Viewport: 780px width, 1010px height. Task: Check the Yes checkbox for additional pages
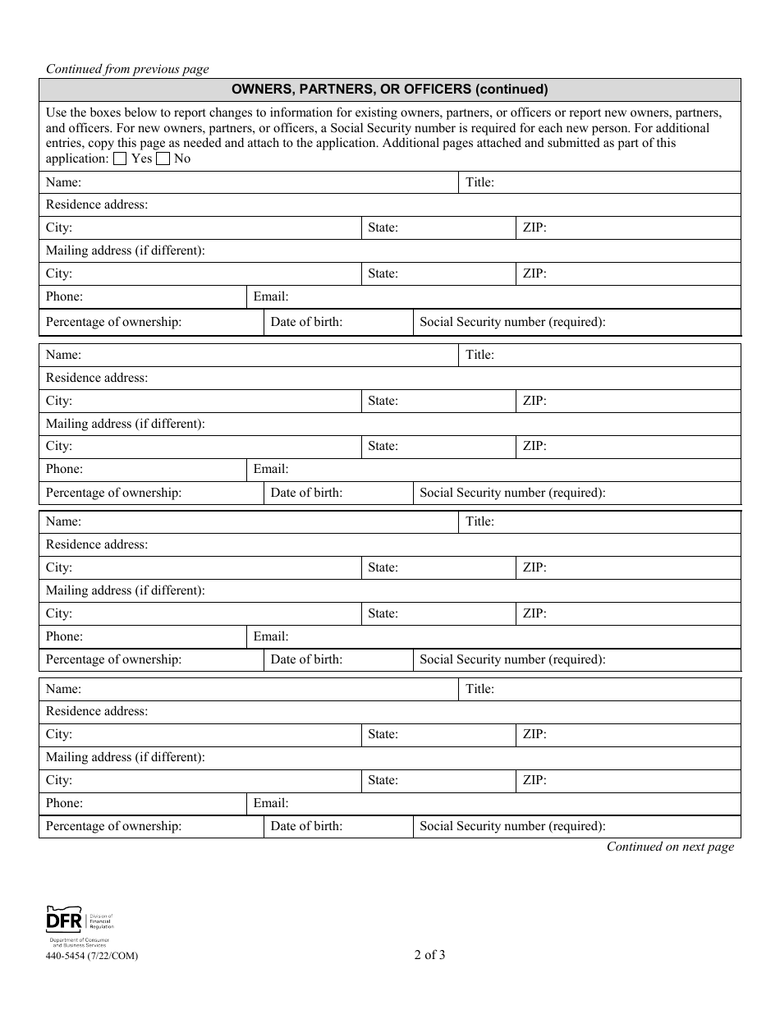tap(120, 159)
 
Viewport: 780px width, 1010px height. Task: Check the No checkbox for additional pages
tap(163, 159)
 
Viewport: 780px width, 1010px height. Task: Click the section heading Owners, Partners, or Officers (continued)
tap(389, 90)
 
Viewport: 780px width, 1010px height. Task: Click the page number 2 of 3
tap(430, 954)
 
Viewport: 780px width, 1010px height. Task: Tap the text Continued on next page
tap(670, 847)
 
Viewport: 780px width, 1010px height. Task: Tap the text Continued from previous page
tap(127, 69)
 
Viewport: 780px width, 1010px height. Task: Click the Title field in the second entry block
tap(616, 355)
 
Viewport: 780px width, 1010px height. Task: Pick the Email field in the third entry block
tap(509, 636)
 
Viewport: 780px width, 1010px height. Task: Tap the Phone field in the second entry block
tap(164, 469)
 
